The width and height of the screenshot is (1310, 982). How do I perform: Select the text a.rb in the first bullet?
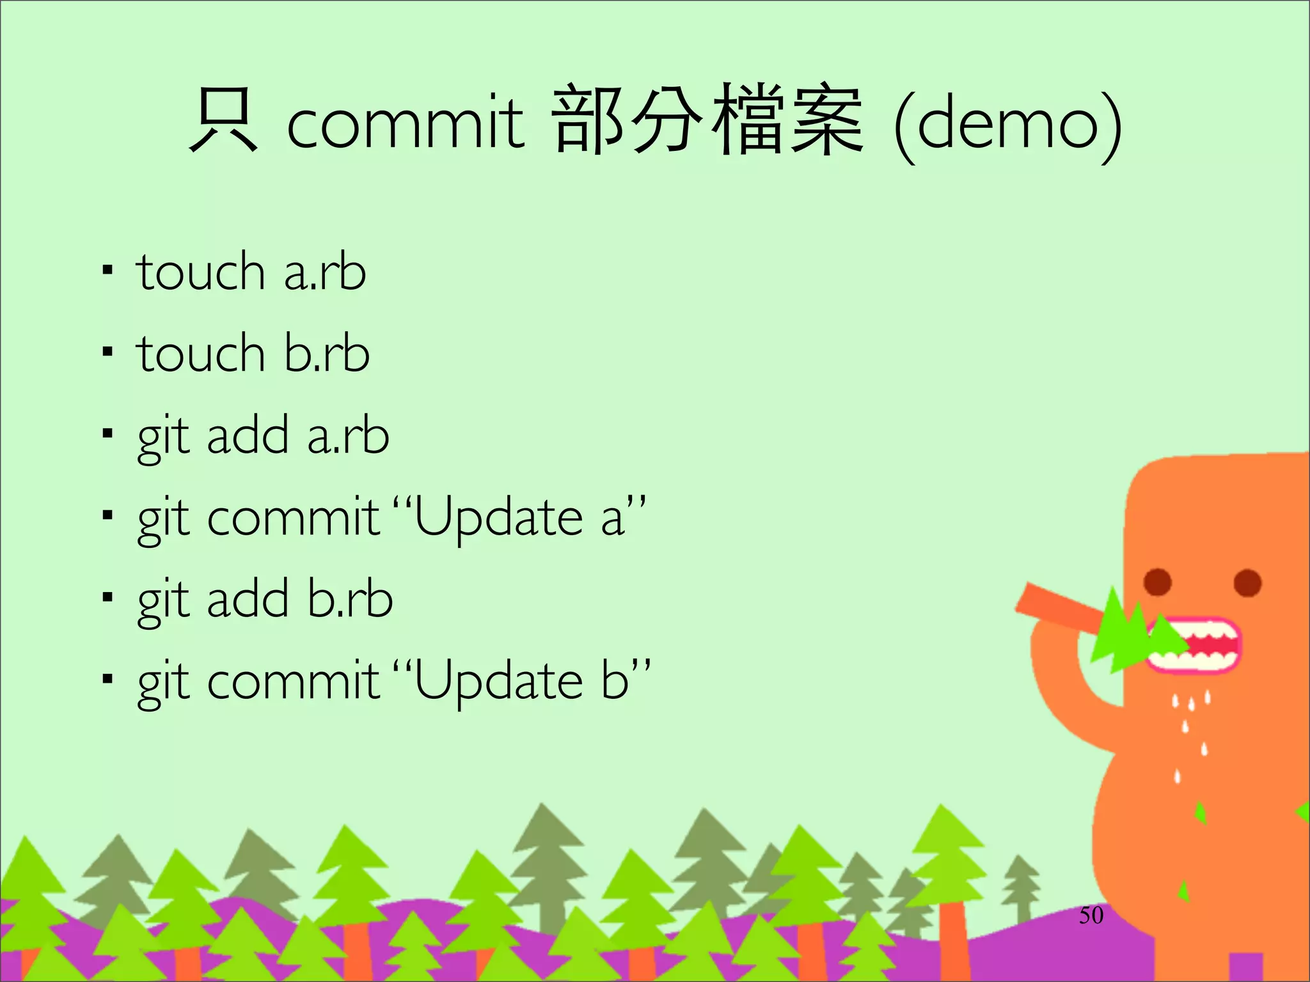click(325, 272)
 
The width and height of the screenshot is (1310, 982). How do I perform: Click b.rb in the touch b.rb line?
click(327, 354)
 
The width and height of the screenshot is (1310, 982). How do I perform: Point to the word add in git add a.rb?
click(248, 436)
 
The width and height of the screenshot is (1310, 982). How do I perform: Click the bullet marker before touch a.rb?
click(107, 270)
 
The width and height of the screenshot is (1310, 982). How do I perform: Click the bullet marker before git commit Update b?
click(107, 678)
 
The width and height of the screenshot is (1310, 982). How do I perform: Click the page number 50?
click(1091, 916)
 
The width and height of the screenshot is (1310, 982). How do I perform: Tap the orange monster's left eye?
click(1158, 582)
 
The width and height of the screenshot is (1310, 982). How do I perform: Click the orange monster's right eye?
click(1247, 582)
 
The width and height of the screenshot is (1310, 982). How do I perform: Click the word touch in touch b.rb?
click(200, 354)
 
